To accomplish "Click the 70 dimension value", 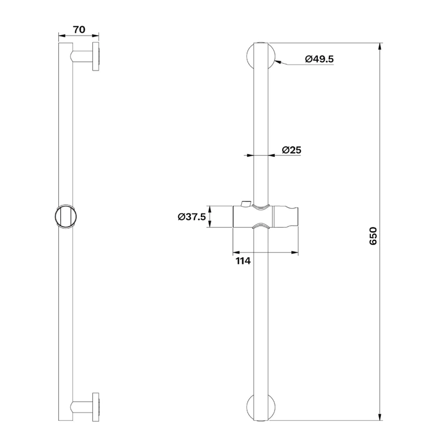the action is click(x=79, y=30).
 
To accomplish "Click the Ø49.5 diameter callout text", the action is click(x=319, y=59).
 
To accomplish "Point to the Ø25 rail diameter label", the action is click(x=291, y=150).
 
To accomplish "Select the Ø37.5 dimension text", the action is click(x=192, y=216).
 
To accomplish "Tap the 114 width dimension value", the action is click(x=244, y=261).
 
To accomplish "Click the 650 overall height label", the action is click(x=373, y=236).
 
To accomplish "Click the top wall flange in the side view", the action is click(x=96, y=57).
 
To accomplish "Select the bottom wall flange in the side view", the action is click(x=96, y=407).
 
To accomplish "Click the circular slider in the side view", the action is click(x=66, y=217).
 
